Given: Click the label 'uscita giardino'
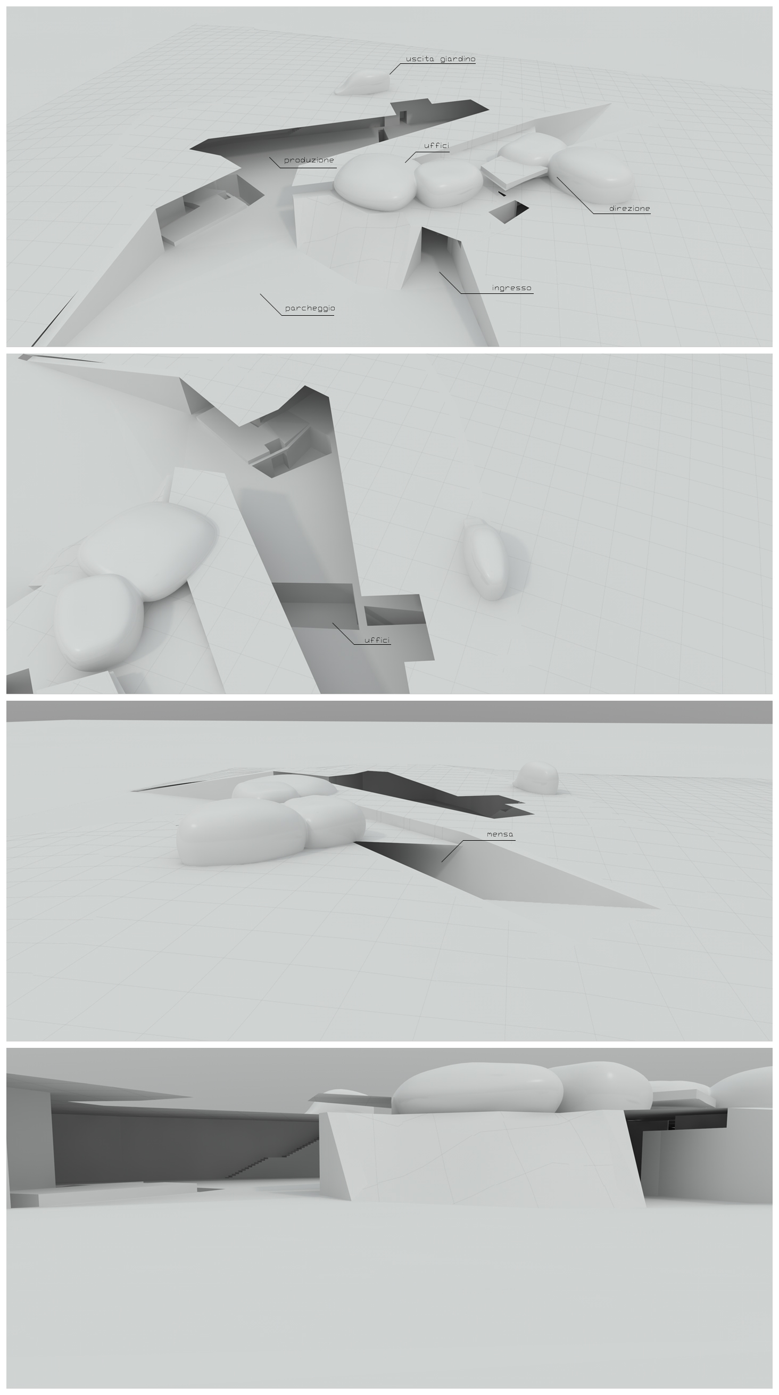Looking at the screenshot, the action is (441, 59).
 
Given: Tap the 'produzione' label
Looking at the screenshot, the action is (309, 160).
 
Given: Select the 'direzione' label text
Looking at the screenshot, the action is (629, 209).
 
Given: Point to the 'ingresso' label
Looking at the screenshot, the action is (511, 288).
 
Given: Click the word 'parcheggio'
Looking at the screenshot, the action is (310, 308).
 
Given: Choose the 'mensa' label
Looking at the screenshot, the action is (500, 834).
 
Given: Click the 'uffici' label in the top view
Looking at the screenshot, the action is (436, 146).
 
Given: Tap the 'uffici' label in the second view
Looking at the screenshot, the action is (377, 640).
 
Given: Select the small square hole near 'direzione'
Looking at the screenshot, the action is (509, 212).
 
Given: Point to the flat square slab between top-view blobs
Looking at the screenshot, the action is (515, 171).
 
